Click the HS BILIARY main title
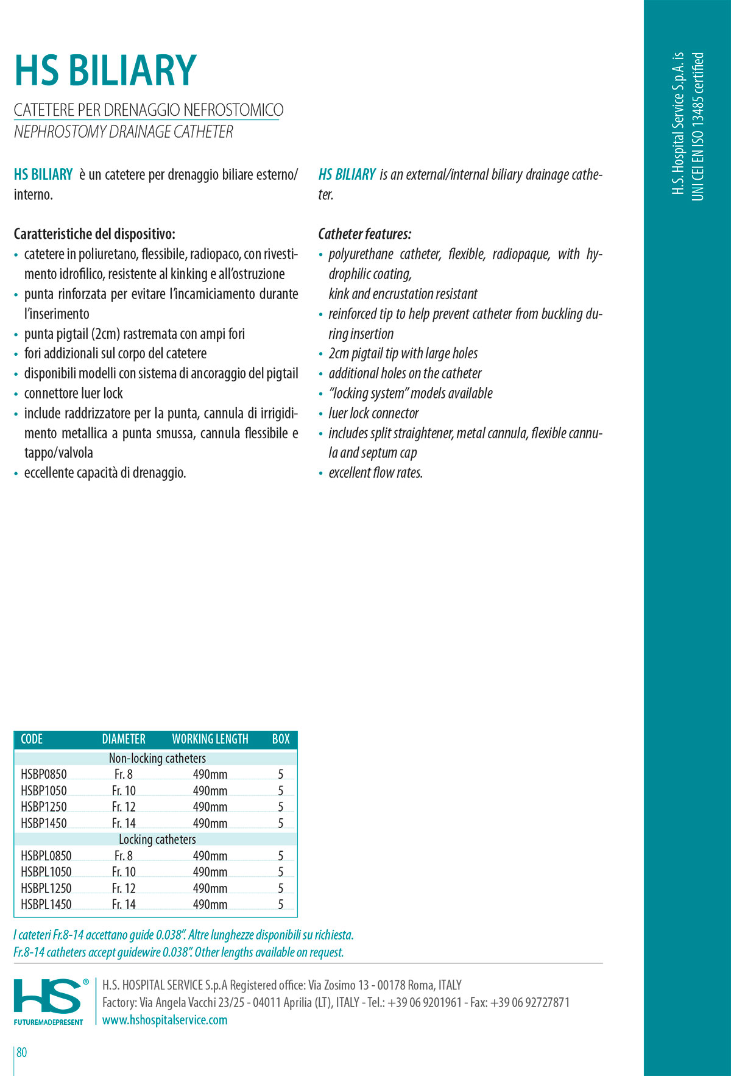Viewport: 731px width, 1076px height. point(105,71)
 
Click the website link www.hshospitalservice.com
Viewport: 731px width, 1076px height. point(164,1019)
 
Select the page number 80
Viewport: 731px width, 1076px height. point(22,1052)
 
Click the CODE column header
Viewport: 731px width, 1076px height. point(32,739)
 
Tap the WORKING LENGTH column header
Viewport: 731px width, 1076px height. point(210,739)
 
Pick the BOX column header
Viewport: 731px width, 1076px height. point(281,739)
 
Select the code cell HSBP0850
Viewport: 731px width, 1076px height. point(44,774)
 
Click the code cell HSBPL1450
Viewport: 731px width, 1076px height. point(46,904)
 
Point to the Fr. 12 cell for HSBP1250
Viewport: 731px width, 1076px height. point(124,807)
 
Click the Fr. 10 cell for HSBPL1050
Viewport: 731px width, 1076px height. point(124,872)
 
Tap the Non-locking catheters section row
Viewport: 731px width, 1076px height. point(157,758)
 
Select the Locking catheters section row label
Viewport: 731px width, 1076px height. point(157,839)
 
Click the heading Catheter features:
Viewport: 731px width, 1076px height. point(365,234)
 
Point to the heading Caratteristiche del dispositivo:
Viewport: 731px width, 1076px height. point(94,234)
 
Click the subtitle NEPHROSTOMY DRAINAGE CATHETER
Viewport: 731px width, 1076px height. point(124,132)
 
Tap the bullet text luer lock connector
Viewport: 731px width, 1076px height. point(373,413)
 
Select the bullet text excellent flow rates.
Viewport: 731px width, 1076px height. point(375,473)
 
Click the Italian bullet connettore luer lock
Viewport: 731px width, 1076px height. point(73,394)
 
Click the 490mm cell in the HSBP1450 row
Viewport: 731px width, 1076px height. point(210,823)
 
